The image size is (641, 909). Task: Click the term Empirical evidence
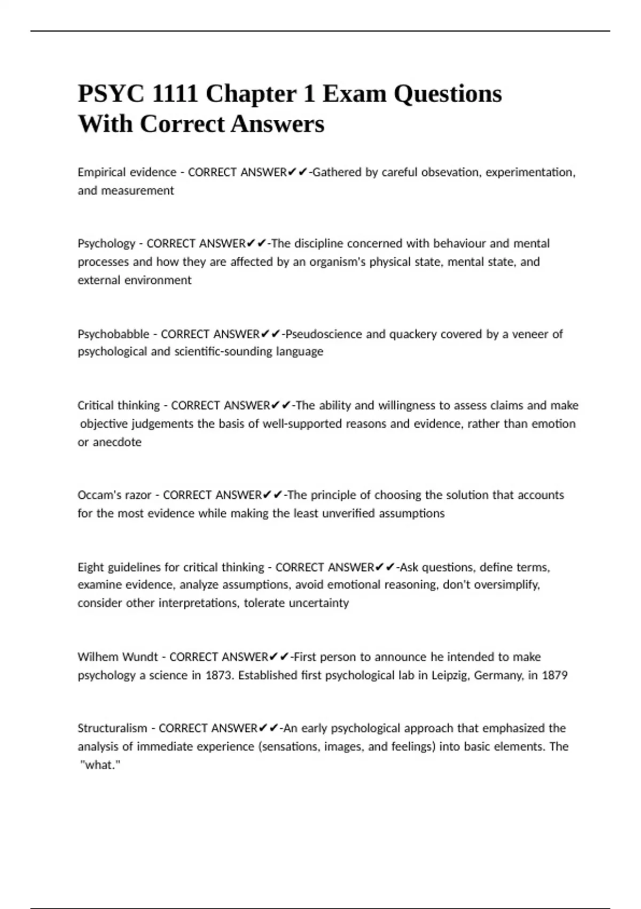(127, 172)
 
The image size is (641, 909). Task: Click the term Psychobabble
(113, 334)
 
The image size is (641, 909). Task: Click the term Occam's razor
(114, 495)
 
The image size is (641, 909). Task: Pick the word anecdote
(117, 442)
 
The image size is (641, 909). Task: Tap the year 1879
(554, 675)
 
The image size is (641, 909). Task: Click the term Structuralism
(112, 728)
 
